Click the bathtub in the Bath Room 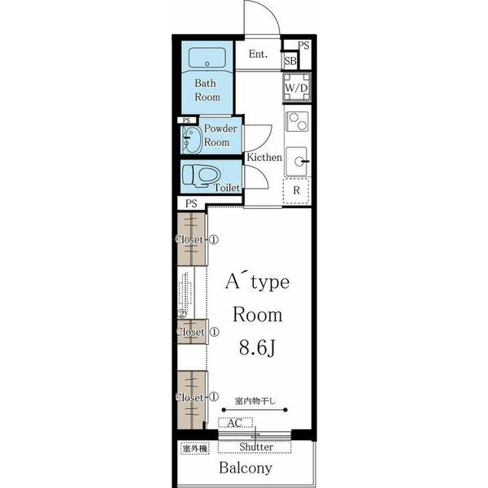[207, 57]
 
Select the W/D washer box [297, 88]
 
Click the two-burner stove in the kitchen [297, 122]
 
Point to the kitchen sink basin [296, 162]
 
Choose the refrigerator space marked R [296, 190]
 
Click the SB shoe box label [290, 61]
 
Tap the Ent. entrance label [258, 54]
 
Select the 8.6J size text [257, 347]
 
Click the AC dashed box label [235, 423]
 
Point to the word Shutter [256, 447]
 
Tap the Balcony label [246, 468]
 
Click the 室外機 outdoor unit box [195, 449]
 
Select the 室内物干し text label [255, 401]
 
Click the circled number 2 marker [181, 314]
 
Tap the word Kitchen [264, 157]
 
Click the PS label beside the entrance [303, 46]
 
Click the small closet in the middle [192, 332]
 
